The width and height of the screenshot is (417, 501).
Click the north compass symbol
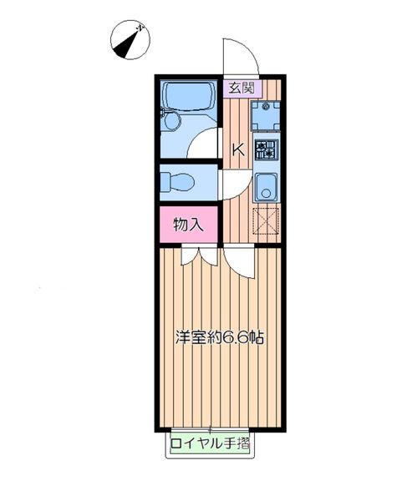click(130, 39)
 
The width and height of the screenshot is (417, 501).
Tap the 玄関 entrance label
click(242, 88)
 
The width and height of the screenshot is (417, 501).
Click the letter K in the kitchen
click(238, 149)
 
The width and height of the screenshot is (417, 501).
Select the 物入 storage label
click(188, 225)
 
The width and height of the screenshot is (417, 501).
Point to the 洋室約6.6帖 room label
click(220, 337)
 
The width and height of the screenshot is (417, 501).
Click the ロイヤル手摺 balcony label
click(210, 443)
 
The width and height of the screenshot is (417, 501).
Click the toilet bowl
click(181, 182)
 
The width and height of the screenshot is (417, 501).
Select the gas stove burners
click(267, 149)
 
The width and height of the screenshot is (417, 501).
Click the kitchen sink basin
click(266, 188)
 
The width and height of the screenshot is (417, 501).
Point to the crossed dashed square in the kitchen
click(266, 221)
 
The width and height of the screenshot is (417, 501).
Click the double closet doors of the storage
click(200, 256)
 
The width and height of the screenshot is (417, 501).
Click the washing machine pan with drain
click(266, 116)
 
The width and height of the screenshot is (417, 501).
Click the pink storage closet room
click(188, 225)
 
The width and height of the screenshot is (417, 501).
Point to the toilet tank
click(165, 182)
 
